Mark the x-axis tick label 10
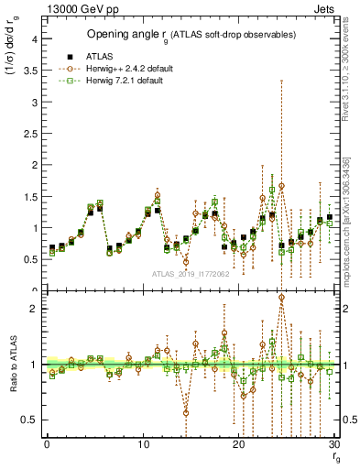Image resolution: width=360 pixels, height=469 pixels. pyautogui.click(x=143, y=444)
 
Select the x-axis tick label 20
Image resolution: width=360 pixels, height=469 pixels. pyautogui.click(x=239, y=444)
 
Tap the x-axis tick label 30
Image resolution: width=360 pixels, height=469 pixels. pyautogui.click(x=334, y=444)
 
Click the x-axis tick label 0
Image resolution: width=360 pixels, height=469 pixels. pyautogui.click(x=47, y=444)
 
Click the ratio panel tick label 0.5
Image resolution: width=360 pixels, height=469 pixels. pyautogui.click(x=30, y=420)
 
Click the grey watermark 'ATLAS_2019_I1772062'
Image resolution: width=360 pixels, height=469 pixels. pyautogui.click(x=189, y=274)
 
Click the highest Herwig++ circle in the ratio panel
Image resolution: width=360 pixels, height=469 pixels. pyautogui.click(x=281, y=298)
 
